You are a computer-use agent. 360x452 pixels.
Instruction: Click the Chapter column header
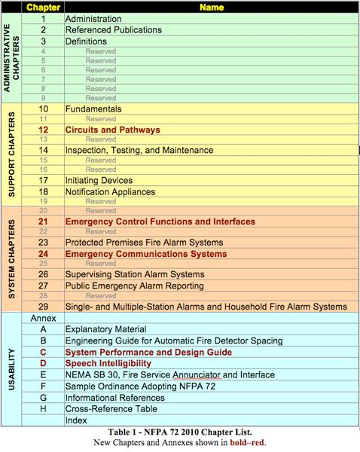tap(44, 6)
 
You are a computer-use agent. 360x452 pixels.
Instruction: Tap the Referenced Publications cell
tap(114, 30)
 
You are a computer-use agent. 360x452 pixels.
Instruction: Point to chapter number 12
tap(44, 130)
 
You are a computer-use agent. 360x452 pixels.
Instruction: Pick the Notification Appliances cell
tap(112, 192)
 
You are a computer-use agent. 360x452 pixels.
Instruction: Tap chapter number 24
tap(44, 255)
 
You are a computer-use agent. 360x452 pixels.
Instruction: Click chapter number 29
tap(44, 307)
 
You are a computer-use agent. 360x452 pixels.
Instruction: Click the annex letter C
tap(44, 352)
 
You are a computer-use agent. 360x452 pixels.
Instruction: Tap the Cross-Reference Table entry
tap(111, 408)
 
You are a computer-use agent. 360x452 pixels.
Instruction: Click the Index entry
tap(77, 420)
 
